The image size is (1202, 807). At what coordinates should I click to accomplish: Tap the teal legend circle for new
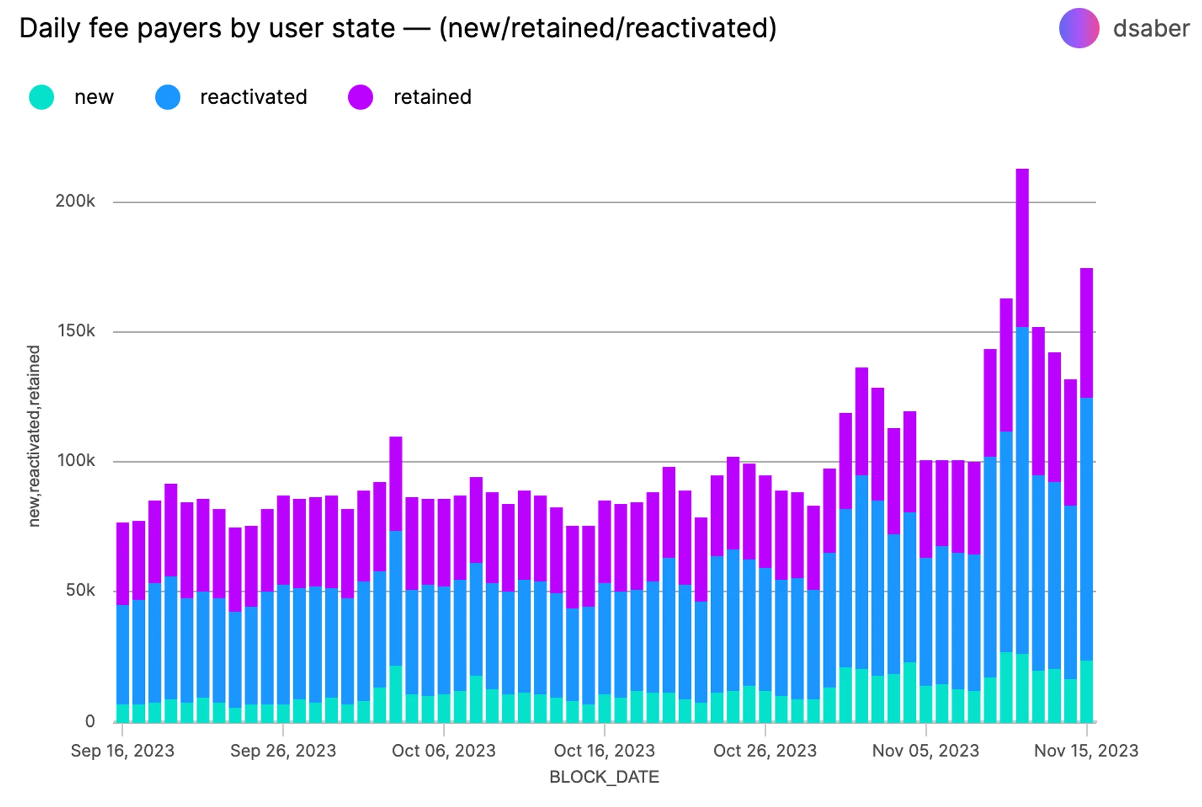click(x=41, y=97)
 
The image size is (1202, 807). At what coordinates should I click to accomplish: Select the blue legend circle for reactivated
click(x=168, y=97)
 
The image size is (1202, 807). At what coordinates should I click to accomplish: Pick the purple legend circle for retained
click(x=361, y=97)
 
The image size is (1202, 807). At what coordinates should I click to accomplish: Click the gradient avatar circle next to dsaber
click(x=1079, y=28)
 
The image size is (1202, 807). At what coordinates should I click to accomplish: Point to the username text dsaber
click(x=1151, y=28)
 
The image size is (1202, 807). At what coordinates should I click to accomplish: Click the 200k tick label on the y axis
click(x=75, y=201)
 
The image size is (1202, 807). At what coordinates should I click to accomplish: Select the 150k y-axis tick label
click(x=76, y=331)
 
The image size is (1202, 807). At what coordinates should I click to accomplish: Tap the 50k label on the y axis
click(x=81, y=591)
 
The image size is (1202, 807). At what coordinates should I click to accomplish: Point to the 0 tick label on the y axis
click(x=90, y=721)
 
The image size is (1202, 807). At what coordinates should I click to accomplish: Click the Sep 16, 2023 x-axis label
click(x=123, y=750)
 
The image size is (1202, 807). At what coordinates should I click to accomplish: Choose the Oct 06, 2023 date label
click(x=444, y=750)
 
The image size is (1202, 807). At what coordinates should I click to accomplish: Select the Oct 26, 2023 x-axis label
click(x=765, y=750)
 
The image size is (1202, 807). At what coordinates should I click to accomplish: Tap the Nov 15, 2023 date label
click(x=1086, y=750)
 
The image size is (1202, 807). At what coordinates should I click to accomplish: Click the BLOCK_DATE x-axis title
click(x=604, y=777)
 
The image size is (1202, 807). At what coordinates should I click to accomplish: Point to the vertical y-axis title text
click(x=34, y=436)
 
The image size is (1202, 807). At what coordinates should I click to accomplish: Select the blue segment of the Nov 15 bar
click(x=1087, y=529)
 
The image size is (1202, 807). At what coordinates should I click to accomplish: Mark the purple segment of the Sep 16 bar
click(x=123, y=563)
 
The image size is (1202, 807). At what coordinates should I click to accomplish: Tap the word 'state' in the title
click(x=369, y=28)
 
